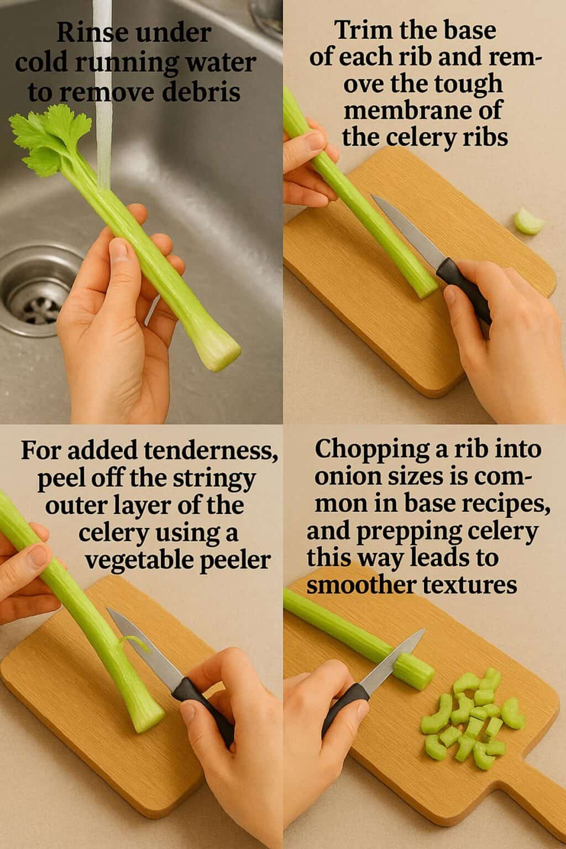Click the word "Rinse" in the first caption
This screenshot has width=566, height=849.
(83, 34)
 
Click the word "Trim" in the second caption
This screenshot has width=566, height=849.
(359, 30)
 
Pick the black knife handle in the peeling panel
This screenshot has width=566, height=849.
(205, 702)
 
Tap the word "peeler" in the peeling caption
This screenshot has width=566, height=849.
(232, 561)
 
